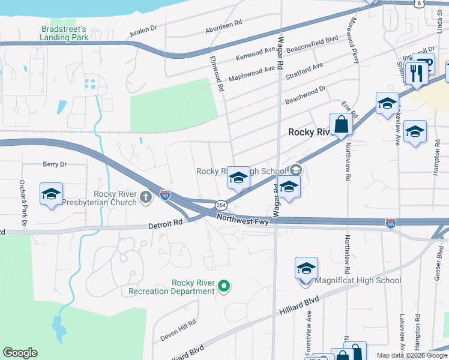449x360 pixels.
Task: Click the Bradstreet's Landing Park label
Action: click(x=64, y=33)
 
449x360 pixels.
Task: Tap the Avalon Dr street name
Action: click(x=142, y=28)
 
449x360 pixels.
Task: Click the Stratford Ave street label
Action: click(x=304, y=71)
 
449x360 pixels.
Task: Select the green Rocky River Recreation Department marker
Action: click(x=224, y=286)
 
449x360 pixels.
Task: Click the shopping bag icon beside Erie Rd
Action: click(x=341, y=125)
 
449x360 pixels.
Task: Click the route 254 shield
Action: click(x=221, y=205)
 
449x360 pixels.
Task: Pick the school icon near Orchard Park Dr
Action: click(x=52, y=194)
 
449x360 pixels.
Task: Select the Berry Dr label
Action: click(x=55, y=164)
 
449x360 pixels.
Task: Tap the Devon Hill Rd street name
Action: click(x=178, y=331)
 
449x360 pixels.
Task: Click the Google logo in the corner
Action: click(x=20, y=353)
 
